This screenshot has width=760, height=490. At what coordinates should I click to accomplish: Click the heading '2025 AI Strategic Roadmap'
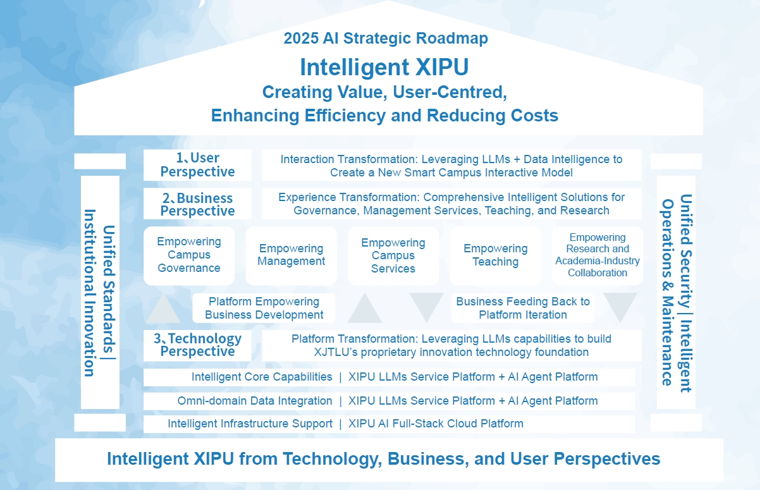click(x=386, y=38)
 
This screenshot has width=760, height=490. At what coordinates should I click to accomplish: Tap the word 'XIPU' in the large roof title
click(x=442, y=67)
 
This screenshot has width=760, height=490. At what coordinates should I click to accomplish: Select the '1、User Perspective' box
click(x=197, y=165)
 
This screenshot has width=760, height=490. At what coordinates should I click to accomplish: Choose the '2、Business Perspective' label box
click(x=197, y=204)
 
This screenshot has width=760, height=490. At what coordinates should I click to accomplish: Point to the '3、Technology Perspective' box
click(x=197, y=345)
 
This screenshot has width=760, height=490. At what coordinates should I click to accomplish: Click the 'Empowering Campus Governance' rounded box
click(x=189, y=256)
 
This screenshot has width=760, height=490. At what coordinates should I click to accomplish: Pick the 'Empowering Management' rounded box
click(x=291, y=256)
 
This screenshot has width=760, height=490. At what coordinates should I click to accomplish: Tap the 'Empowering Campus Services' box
click(x=393, y=256)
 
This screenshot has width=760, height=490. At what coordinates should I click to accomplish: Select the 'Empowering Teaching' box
click(x=495, y=256)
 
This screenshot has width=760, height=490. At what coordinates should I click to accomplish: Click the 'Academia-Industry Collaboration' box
click(x=598, y=256)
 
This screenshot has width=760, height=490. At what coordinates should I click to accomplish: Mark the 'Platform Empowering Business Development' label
click(x=264, y=308)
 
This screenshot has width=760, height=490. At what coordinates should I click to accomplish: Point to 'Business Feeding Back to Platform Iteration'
click(x=523, y=308)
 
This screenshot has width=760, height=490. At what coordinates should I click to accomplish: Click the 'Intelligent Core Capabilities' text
click(x=262, y=377)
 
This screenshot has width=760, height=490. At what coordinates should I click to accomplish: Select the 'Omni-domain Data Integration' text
click(x=255, y=401)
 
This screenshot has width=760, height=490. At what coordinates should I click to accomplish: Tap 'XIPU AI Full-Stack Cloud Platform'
click(x=436, y=424)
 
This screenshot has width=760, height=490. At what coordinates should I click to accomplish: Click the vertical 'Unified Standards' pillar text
click(x=109, y=290)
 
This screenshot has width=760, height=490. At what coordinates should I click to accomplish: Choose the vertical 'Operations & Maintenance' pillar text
click(x=668, y=293)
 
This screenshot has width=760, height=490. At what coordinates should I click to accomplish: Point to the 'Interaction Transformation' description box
click(x=451, y=165)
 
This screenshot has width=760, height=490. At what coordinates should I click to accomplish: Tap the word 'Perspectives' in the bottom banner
click(x=607, y=459)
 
